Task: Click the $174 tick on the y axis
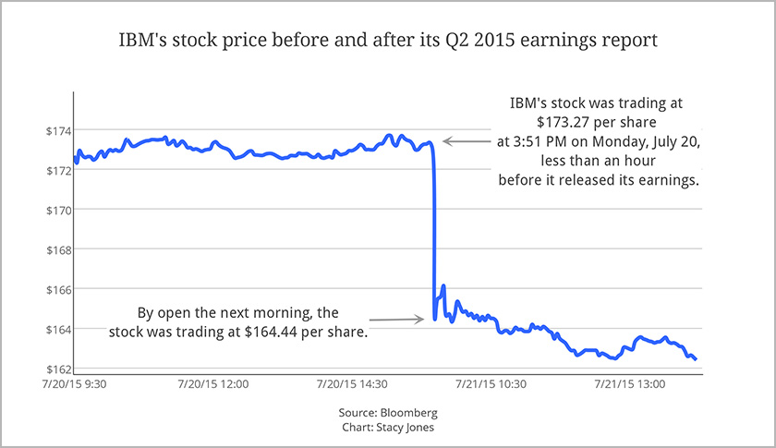[x=57, y=130]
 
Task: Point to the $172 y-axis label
[x=57, y=170]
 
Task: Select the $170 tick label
[x=57, y=210]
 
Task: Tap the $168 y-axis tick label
[x=57, y=249]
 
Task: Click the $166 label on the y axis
[x=57, y=289]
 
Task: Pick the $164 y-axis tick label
[x=57, y=329]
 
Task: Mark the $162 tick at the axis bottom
[x=57, y=369]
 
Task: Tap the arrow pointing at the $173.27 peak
[x=467, y=141]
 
